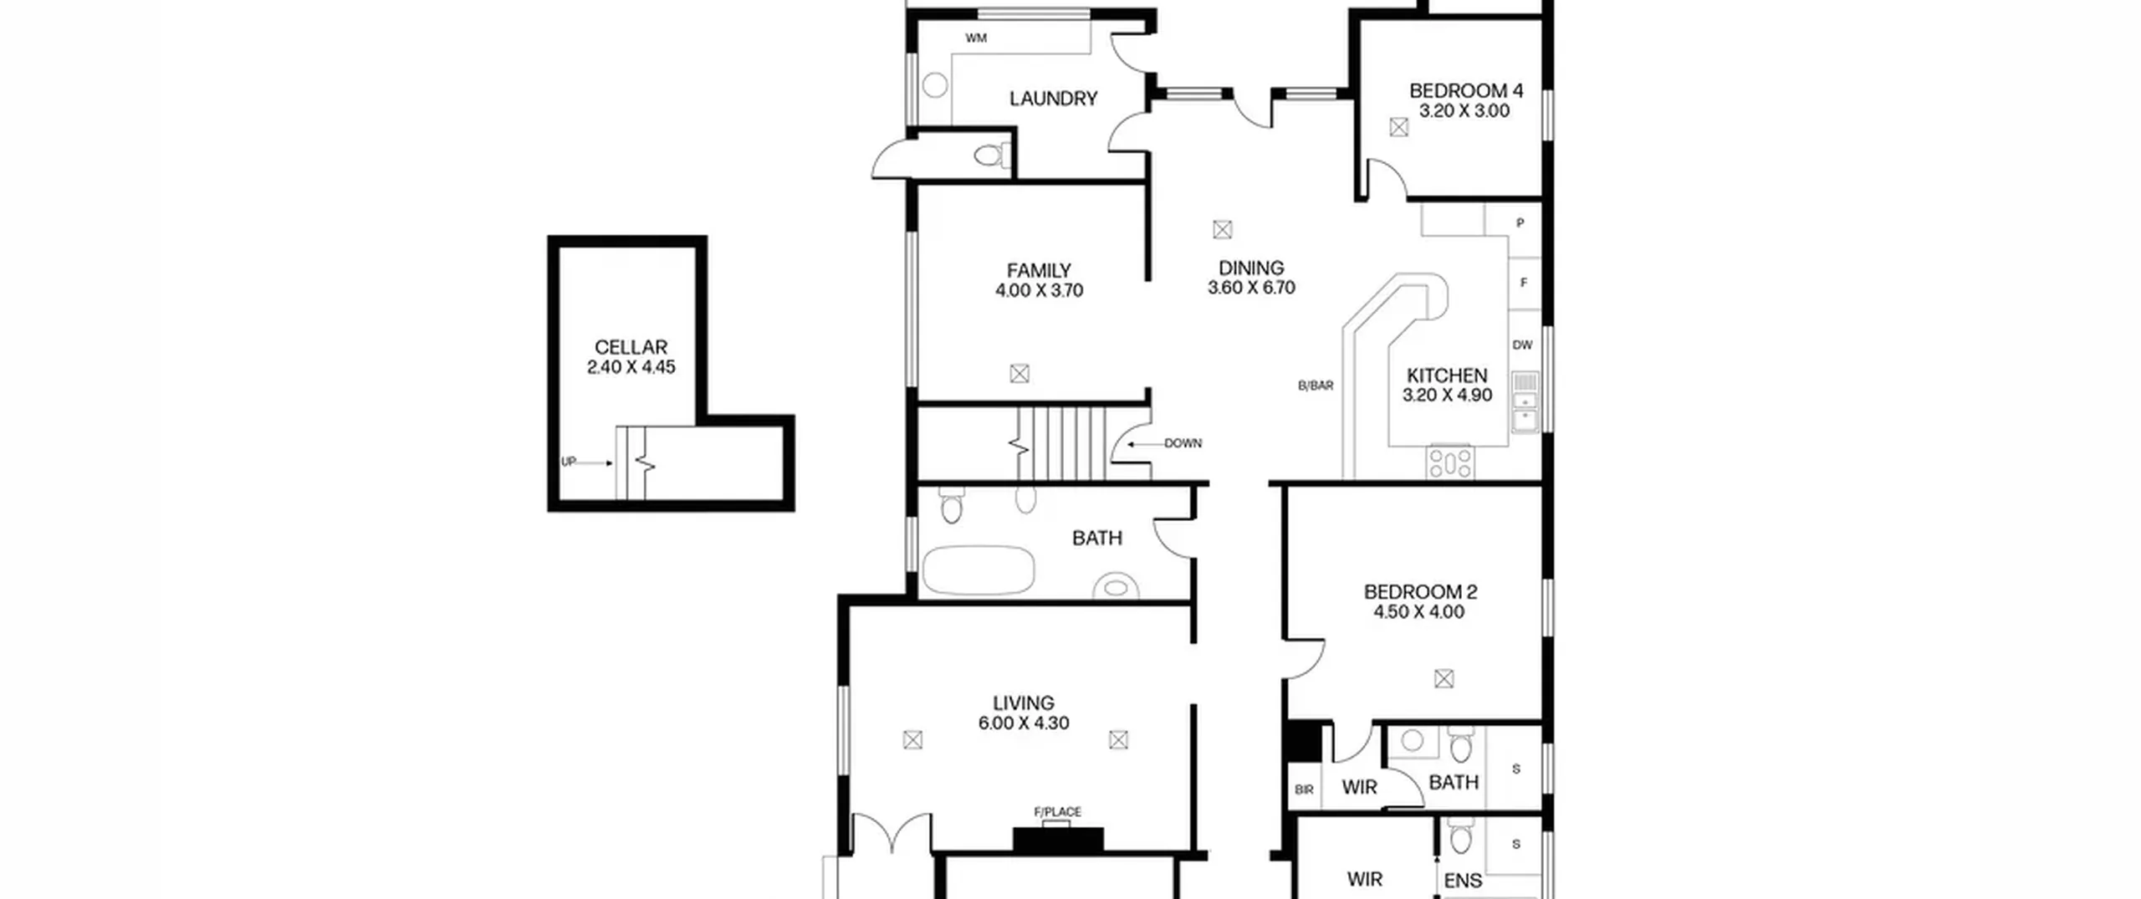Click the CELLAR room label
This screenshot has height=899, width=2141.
[631, 347]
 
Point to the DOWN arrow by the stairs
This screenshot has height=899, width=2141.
[1145, 444]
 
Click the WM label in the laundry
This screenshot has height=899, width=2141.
[976, 38]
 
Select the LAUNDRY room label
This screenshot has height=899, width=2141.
[1053, 99]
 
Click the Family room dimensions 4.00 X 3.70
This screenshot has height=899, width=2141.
[1039, 291]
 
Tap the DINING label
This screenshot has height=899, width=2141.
[1251, 268]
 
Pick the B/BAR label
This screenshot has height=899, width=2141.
[1316, 386]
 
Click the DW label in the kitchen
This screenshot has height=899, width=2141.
[1522, 345]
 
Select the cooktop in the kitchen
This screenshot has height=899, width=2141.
[1450, 462]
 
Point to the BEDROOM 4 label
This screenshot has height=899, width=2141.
[1466, 90]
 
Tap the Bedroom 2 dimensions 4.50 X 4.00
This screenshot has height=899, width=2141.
[1419, 612]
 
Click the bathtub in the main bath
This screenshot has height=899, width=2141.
[979, 570]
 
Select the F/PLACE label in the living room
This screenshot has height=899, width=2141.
[1058, 811]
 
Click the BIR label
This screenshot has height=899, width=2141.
[1304, 789]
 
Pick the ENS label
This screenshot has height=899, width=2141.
[1463, 881]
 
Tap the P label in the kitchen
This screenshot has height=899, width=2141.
[1520, 223]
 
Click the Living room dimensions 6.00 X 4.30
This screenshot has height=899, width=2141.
[1024, 723]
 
